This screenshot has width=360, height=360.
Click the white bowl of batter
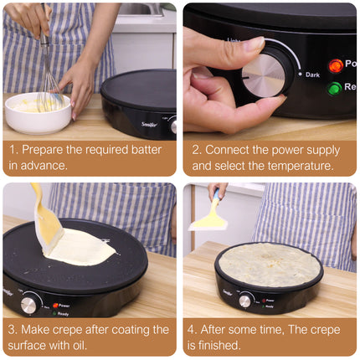tap(38, 113)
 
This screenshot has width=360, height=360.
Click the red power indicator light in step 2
tap(335, 66)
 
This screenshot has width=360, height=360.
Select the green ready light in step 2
tap(335, 89)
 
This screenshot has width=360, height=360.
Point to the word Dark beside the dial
tap(312, 75)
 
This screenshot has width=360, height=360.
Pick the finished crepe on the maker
tap(270, 265)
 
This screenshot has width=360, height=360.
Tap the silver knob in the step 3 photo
tap(28, 305)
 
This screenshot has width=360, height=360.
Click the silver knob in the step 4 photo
tap(244, 301)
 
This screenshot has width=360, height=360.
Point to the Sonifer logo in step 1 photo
tap(150, 124)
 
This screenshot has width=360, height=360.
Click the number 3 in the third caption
tap(12, 330)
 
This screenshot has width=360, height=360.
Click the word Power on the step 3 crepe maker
tap(64, 306)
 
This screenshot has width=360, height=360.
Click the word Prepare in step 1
tap(43, 150)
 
